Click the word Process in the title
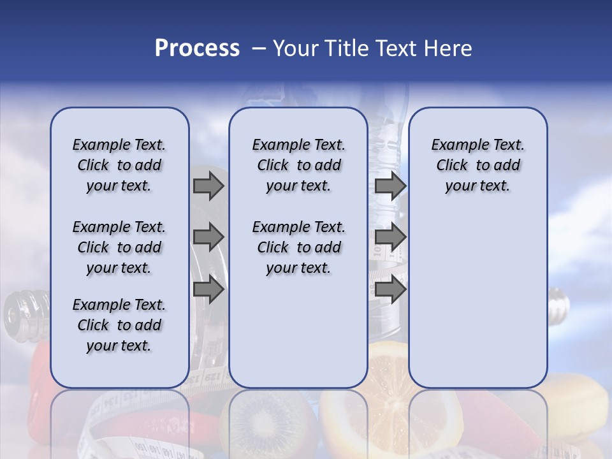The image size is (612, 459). click(197, 48)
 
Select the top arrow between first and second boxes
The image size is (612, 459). click(208, 186)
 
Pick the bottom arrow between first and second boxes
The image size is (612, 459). click(208, 290)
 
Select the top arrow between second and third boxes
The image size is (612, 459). click(390, 186)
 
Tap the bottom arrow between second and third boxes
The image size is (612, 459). click(390, 290)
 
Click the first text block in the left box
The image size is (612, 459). click(119, 165)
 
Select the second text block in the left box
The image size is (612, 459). click(119, 247)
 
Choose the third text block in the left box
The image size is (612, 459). click(119, 325)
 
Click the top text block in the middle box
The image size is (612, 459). click(298, 165)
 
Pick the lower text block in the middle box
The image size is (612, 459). click(298, 247)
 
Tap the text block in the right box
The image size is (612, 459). click(477, 165)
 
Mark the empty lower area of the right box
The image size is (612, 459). click(477, 300)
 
